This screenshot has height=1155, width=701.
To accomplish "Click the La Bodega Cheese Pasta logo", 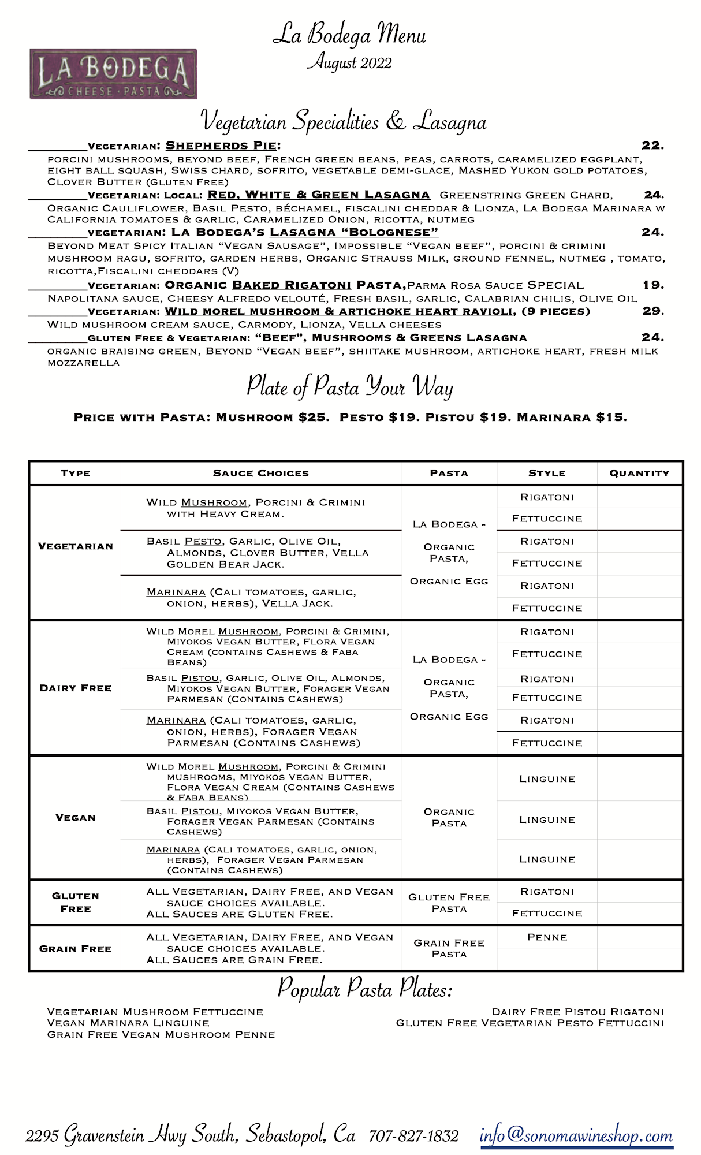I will point(113,74).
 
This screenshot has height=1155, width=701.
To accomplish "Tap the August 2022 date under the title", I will point(349,62).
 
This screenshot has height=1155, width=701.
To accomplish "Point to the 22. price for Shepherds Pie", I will point(652,146).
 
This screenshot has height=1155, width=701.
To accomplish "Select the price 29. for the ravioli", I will point(653,311).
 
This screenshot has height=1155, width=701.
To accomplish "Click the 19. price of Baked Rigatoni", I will point(653,285).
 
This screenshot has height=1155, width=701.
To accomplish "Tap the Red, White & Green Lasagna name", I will point(319,195).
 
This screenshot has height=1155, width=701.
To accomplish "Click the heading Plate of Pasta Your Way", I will point(350,386).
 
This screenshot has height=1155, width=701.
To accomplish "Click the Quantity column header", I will point(639,473).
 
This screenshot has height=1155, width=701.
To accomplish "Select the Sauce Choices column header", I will point(261,473).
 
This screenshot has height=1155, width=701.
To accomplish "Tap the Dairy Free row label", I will point(76,688).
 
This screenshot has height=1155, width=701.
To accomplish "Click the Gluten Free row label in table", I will point(76,902).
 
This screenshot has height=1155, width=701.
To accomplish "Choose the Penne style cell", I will point(547,937).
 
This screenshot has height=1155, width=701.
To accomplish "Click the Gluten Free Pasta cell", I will point(449,903).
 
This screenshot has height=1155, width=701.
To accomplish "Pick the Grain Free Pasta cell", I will point(449,948).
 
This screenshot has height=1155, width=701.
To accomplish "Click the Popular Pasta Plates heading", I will point(365,989).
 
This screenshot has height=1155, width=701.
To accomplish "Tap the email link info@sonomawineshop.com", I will point(576,1135).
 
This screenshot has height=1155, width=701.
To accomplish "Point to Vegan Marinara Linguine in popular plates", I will point(128,1023).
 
